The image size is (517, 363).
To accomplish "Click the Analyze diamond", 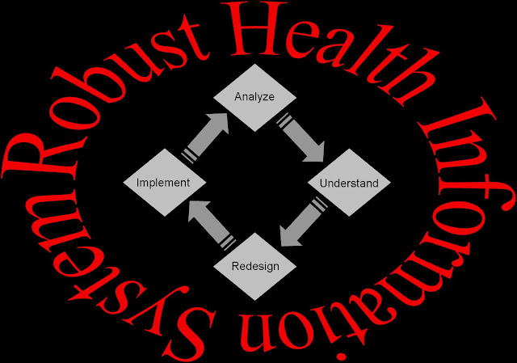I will click(254, 98).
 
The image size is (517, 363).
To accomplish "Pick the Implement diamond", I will click(163, 182).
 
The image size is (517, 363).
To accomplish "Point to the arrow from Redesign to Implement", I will click(208, 222).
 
